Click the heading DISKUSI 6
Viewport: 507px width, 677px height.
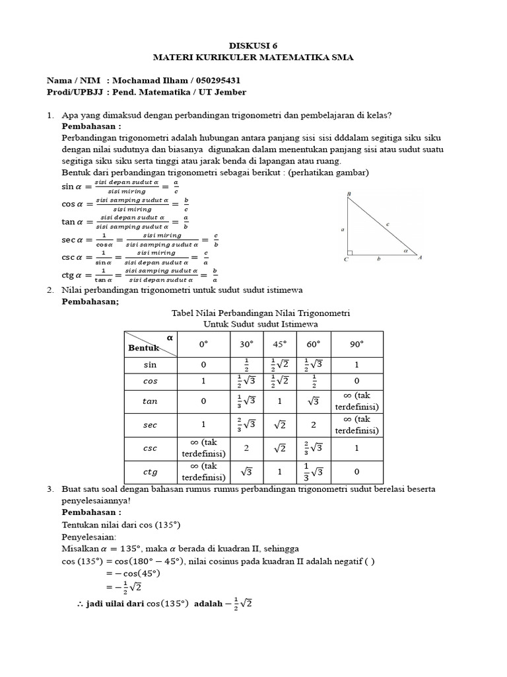click(x=253, y=45)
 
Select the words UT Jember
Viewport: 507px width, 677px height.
click(x=222, y=92)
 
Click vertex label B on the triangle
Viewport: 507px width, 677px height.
click(x=348, y=194)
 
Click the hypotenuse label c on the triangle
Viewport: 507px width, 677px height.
click(x=388, y=225)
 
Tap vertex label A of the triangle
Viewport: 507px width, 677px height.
click(x=420, y=258)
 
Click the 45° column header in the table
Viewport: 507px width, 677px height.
click(x=280, y=344)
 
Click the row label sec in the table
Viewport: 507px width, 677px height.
click(x=151, y=425)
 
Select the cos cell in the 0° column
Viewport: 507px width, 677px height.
click(x=204, y=381)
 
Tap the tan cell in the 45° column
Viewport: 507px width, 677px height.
click(x=280, y=401)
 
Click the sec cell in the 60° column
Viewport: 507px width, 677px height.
click(x=314, y=424)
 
